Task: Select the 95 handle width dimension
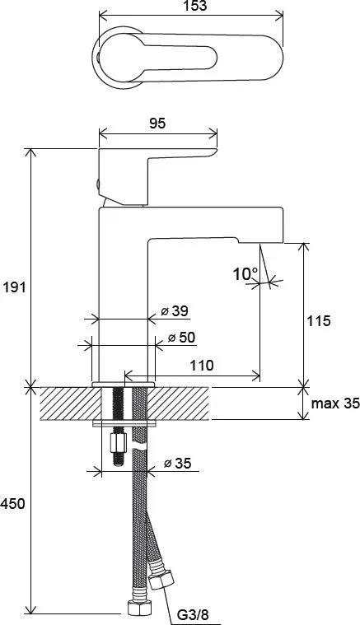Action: click(x=157, y=124)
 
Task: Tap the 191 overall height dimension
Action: click(x=13, y=287)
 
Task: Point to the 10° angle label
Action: click(x=245, y=274)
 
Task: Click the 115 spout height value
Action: click(x=319, y=321)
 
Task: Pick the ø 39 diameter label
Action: click(x=175, y=311)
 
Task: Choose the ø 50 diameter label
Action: click(x=182, y=338)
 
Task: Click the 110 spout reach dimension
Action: click(x=201, y=365)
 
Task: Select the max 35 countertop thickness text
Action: click(x=335, y=403)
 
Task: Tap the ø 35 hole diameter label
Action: click(x=178, y=463)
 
